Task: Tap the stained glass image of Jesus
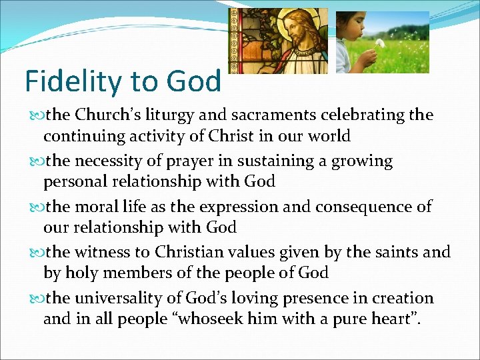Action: (278, 41)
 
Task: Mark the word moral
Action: (98, 207)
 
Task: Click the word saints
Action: (393, 252)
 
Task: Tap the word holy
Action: (79, 273)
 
